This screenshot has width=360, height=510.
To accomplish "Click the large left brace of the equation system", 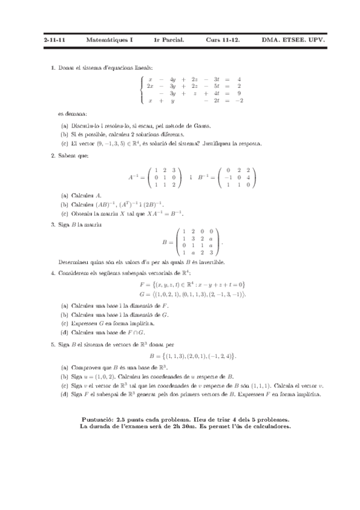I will [x=142, y=90].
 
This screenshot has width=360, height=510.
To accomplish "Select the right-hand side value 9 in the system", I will [x=239, y=93].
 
